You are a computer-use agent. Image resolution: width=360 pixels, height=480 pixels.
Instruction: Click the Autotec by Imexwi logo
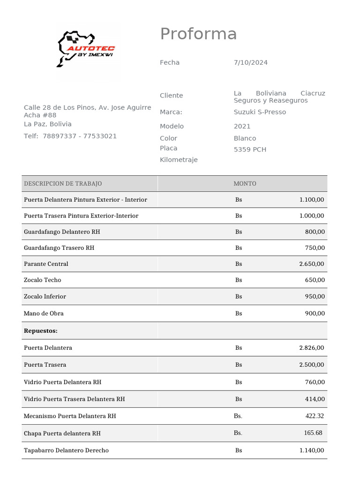[86, 49]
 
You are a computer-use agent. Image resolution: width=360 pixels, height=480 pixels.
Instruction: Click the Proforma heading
[198, 34]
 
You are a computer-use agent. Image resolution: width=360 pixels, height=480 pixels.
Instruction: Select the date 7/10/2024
[250, 62]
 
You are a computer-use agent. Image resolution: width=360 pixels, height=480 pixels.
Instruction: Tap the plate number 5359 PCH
[250, 150]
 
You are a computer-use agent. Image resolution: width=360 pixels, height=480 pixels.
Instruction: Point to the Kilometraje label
[179, 160]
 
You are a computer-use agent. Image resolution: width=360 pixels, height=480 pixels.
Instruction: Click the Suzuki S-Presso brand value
[260, 112]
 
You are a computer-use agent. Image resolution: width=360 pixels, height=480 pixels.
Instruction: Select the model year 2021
[242, 126]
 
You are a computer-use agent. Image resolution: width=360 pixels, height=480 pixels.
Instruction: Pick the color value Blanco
[245, 138]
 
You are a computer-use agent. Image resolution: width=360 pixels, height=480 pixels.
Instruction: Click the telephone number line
[70, 136]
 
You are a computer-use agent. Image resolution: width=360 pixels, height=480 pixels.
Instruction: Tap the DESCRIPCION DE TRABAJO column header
[63, 184]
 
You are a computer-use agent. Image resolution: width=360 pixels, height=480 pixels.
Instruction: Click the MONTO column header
[245, 184]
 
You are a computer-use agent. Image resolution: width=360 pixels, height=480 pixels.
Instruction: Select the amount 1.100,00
[311, 200]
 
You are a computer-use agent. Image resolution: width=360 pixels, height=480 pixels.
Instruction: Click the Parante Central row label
[46, 264]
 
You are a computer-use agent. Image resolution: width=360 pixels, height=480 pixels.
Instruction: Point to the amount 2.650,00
[311, 264]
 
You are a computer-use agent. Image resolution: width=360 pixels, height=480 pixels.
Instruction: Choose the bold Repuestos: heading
[41, 331]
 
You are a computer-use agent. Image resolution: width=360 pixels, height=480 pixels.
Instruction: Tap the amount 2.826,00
[311, 348]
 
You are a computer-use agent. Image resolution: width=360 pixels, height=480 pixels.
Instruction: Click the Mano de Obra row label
[44, 313]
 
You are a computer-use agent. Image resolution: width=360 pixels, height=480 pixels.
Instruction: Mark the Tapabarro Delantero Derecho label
[66, 450]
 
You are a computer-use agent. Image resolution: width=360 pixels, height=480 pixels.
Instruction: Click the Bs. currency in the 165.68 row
[238, 433]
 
